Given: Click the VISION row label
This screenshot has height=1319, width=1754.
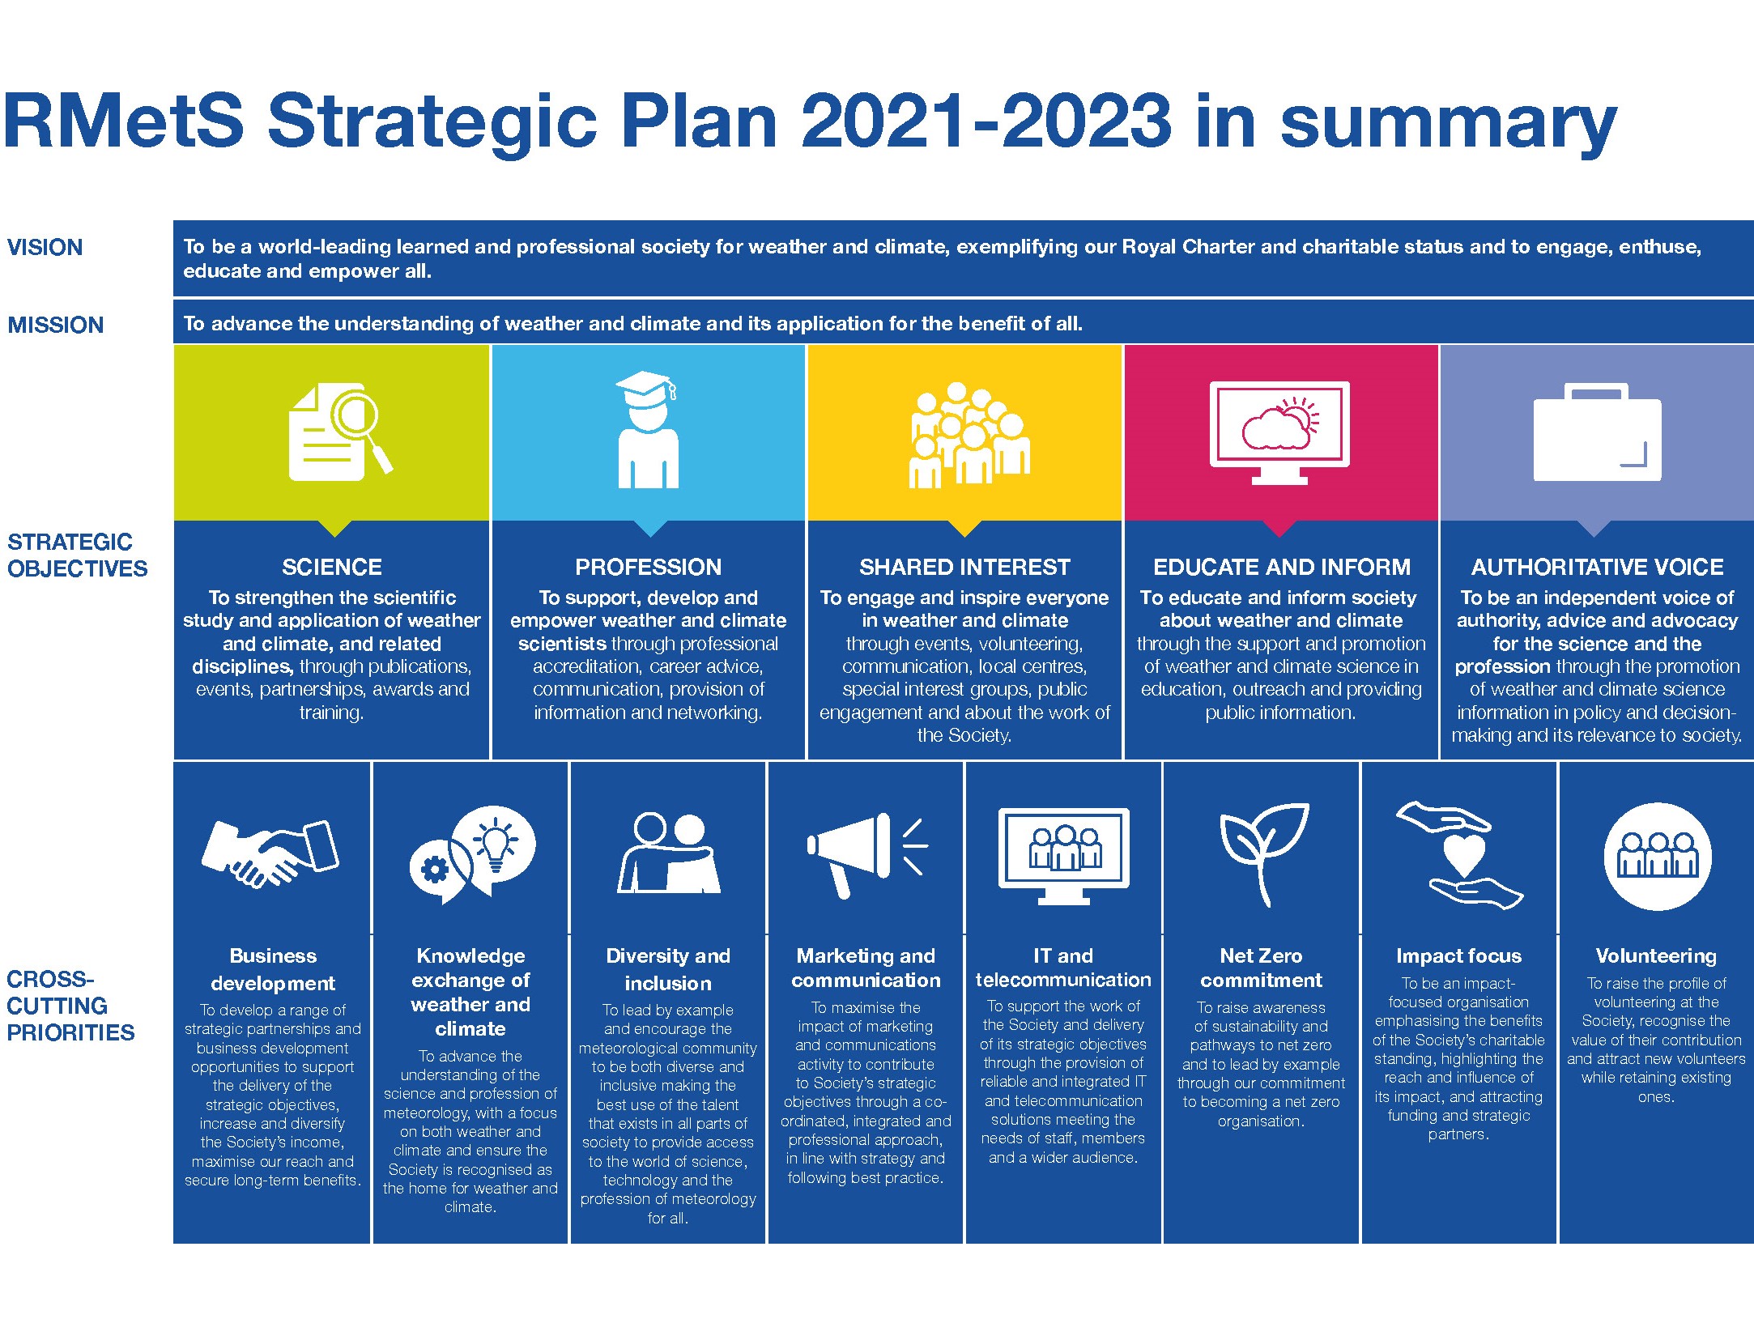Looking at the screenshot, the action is [45, 247].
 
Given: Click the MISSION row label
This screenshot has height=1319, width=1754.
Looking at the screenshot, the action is [56, 325].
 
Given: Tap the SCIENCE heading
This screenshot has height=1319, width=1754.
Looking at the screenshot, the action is [332, 567].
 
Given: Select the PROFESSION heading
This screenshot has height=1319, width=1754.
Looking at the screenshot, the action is [648, 567].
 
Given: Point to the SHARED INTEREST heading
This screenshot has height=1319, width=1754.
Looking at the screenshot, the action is [964, 567].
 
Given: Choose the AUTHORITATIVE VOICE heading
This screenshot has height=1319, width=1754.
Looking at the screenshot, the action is [1597, 567].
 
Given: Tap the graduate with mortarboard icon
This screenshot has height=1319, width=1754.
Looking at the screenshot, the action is [648, 429].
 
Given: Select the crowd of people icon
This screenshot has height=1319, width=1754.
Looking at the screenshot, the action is [969, 435].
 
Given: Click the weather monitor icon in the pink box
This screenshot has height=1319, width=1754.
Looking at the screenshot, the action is [1279, 432].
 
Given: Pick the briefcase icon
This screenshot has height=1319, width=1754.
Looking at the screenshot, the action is [1597, 432].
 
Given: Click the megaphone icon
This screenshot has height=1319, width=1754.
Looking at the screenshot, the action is [866, 855].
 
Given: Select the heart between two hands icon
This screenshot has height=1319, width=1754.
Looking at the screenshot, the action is [1459, 855].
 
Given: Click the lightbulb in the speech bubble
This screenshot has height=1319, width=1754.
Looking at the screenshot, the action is [496, 842].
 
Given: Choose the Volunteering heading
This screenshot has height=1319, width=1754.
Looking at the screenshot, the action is [1656, 956].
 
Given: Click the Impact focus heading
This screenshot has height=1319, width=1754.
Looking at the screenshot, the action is [1458, 956].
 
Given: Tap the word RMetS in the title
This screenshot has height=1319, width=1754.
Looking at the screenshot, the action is [123, 121].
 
